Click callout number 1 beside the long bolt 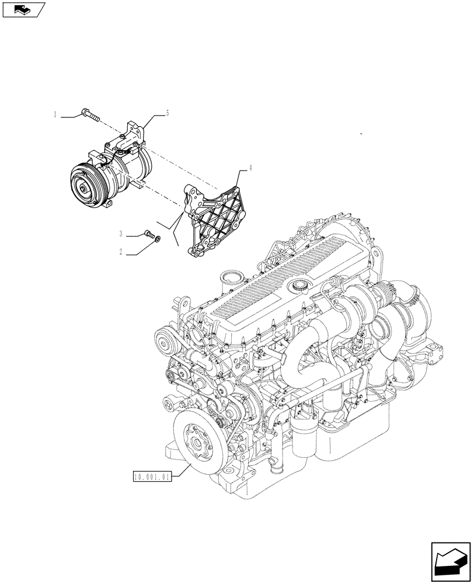(x=55, y=115)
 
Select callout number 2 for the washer (x=121, y=252)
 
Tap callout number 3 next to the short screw (x=121, y=234)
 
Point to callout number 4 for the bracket (x=250, y=168)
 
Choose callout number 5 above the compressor (x=168, y=113)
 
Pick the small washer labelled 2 (x=157, y=238)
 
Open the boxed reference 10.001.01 (x=151, y=477)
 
